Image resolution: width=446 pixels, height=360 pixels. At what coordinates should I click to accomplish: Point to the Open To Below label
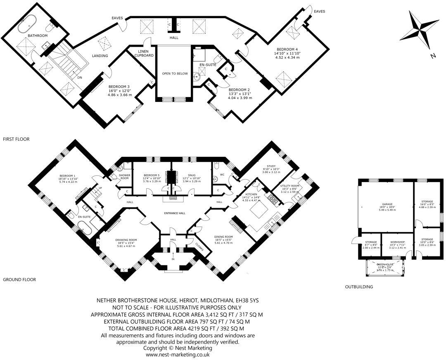175,73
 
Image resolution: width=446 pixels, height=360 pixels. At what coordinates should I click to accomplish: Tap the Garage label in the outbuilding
387,204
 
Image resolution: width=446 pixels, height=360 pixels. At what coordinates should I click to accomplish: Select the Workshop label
397,242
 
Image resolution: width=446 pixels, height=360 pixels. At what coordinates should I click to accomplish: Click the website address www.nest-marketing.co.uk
178,354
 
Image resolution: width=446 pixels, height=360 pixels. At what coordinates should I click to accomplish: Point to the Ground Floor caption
19,279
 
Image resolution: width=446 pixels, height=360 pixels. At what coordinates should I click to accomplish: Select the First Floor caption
17,139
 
